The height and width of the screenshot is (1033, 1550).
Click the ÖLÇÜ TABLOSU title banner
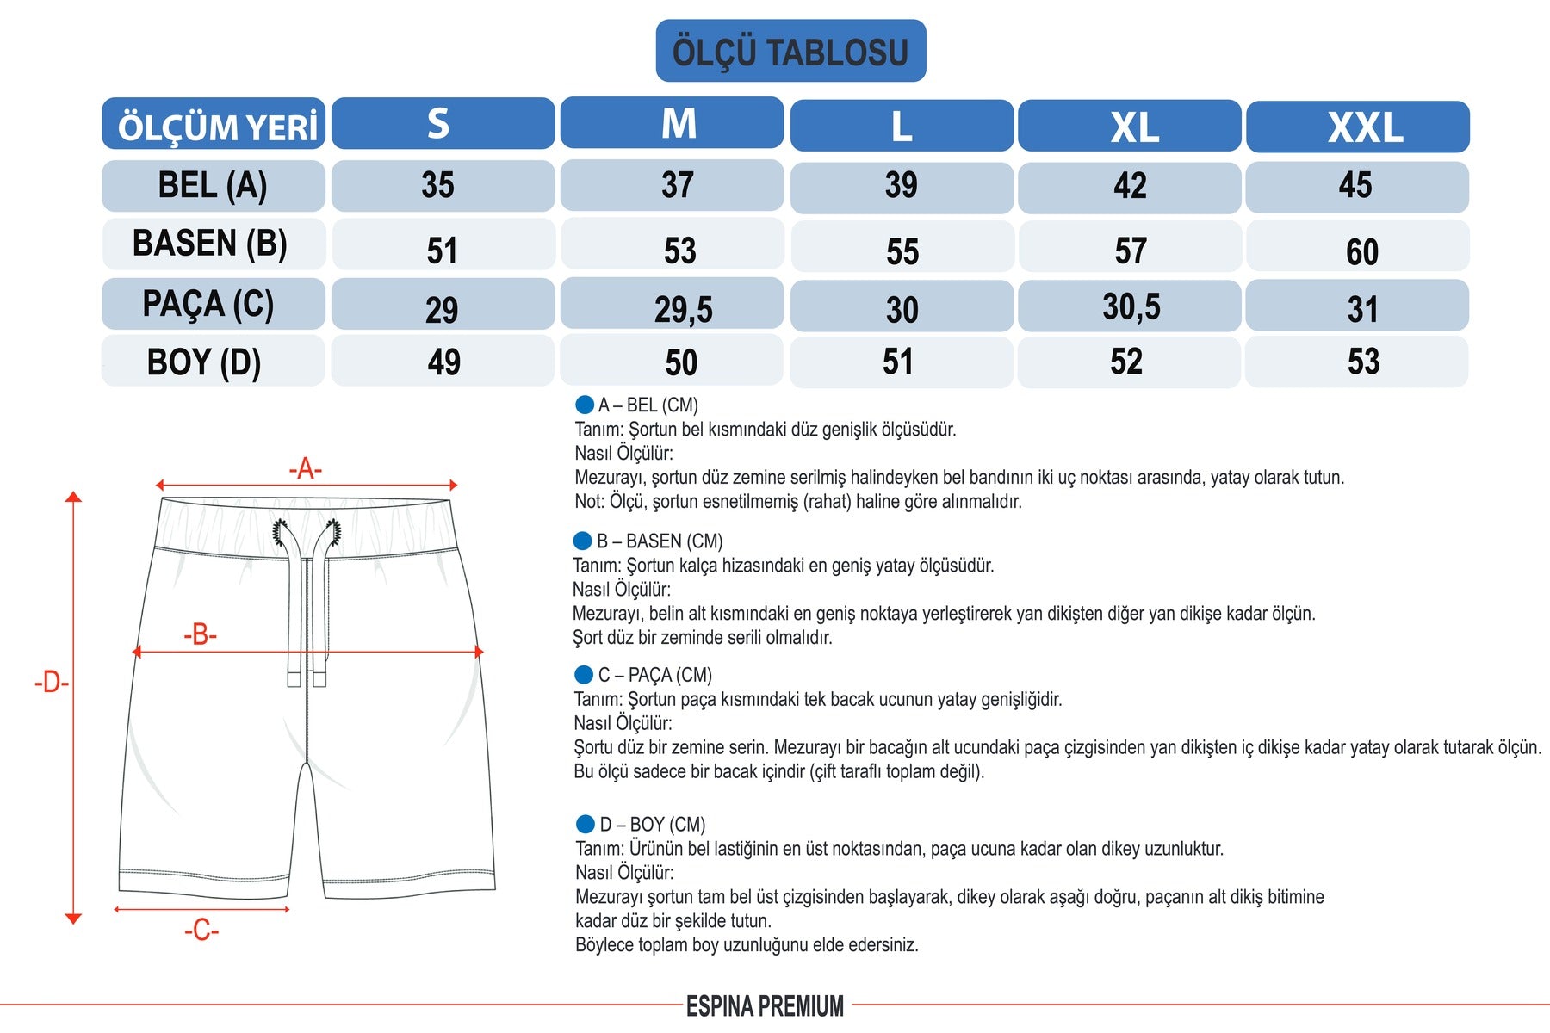pyautogui.click(x=790, y=52)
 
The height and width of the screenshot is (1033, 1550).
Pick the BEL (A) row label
pyautogui.click(x=213, y=186)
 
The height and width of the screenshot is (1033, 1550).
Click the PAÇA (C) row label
pyautogui.click(x=208, y=304)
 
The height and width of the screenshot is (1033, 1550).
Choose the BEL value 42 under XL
pyautogui.click(x=1130, y=187)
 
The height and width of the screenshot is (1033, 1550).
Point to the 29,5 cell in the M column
pyautogui.click(x=683, y=308)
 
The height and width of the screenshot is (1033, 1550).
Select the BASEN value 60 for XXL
pyautogui.click(x=1361, y=251)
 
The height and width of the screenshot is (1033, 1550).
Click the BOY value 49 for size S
pyautogui.click(x=443, y=362)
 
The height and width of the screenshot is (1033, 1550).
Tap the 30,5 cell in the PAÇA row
pyautogui.click(x=1131, y=306)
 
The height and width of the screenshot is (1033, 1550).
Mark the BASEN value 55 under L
pyautogui.click(x=902, y=251)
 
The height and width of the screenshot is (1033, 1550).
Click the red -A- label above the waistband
pyautogui.click(x=305, y=470)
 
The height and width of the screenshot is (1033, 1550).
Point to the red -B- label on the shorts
pyautogui.click(x=200, y=635)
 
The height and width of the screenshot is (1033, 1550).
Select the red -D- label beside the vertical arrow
pyautogui.click(x=51, y=683)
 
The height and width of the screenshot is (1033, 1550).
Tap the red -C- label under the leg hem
pyautogui.click(x=201, y=931)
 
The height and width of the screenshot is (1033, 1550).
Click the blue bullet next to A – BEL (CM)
pyautogui.click(x=585, y=405)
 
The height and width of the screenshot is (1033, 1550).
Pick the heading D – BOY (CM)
pyautogui.click(x=652, y=825)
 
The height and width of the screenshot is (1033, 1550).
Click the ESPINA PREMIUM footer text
pyautogui.click(x=765, y=1006)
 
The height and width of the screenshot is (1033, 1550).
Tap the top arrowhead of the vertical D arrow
pyautogui.click(x=73, y=497)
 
